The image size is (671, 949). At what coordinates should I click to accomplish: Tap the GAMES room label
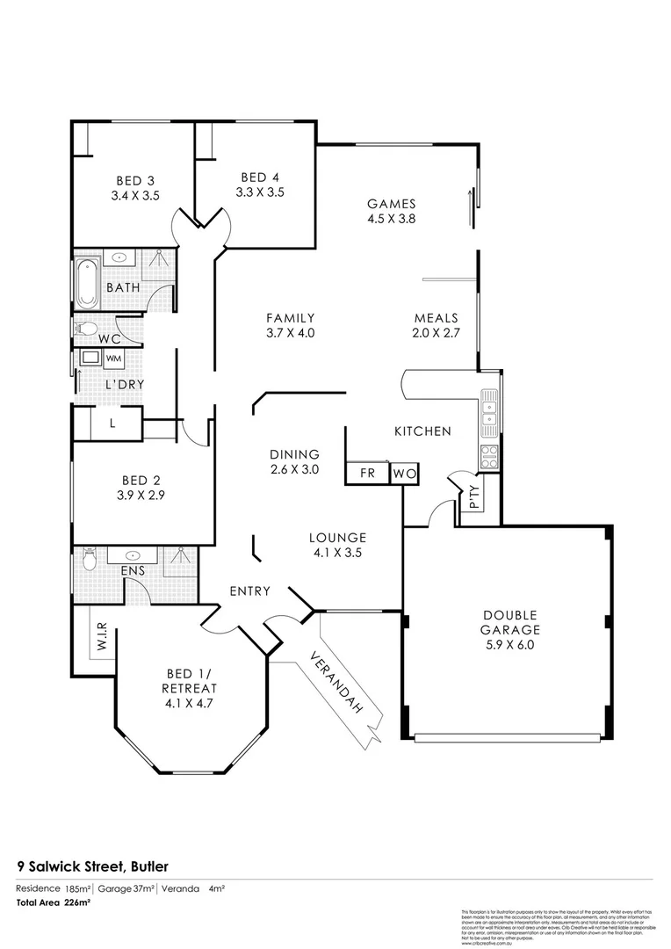(x=391, y=204)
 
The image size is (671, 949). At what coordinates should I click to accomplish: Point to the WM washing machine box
(x=113, y=359)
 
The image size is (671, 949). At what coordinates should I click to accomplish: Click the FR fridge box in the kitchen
(x=367, y=474)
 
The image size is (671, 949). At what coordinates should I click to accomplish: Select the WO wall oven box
(x=404, y=474)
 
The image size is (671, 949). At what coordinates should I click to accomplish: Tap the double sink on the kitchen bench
(x=489, y=407)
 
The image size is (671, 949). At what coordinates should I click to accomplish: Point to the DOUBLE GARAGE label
(x=509, y=622)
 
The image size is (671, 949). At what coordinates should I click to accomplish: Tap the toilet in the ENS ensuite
(x=89, y=559)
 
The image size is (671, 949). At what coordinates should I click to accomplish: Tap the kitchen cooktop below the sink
(x=489, y=454)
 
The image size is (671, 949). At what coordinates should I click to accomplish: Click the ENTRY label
(x=250, y=590)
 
